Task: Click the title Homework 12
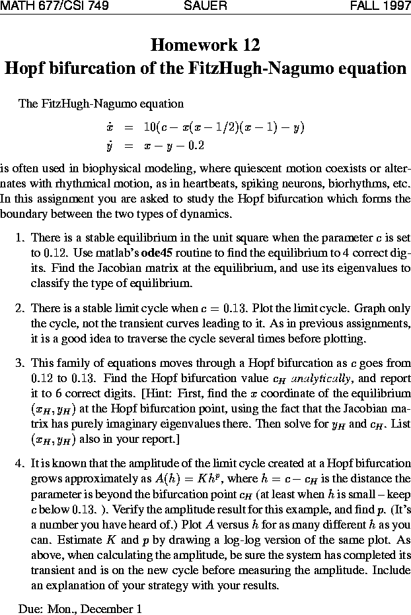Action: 205,45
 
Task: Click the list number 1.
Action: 19,238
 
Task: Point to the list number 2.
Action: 19,308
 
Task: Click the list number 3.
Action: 19,364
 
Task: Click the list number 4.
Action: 19,463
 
